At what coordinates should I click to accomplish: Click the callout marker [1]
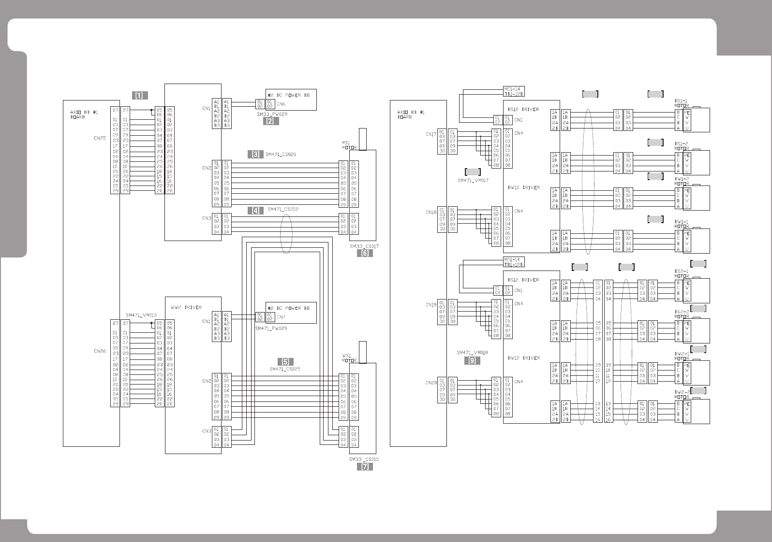[140, 95]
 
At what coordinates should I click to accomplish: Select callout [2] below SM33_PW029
[271, 121]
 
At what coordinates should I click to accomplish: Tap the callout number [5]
[285, 362]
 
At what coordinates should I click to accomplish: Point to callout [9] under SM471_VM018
[472, 360]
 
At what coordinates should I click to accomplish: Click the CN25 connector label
[100, 138]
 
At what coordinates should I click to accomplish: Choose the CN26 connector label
[100, 351]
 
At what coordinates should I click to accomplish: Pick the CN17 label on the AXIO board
[431, 134]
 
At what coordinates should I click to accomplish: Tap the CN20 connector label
[431, 383]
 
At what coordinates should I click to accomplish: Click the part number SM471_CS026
[282, 155]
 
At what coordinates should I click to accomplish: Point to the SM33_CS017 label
[364, 246]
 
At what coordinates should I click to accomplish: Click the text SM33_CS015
[364, 459]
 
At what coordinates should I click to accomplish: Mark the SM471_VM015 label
[141, 315]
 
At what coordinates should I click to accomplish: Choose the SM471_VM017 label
[473, 180]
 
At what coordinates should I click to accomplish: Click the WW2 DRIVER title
[186, 307]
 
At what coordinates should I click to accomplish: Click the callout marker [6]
[365, 253]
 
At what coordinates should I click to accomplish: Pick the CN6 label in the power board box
[281, 104]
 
